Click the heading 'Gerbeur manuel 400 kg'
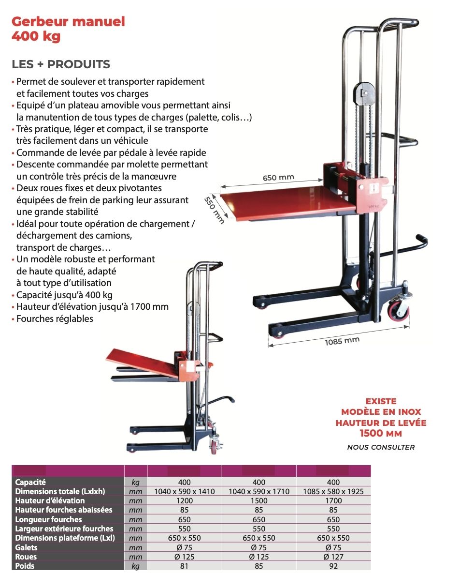click(68, 29)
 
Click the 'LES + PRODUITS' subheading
click(61, 64)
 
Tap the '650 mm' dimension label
click(278, 178)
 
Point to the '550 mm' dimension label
click(214, 209)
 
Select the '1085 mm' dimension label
click(342, 341)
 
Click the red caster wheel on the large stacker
click(399, 310)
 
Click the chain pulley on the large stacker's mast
click(364, 93)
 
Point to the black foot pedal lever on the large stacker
click(402, 246)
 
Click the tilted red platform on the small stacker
click(143, 363)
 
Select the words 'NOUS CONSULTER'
click(381, 447)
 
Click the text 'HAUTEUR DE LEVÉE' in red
click(381, 423)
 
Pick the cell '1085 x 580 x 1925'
click(333, 491)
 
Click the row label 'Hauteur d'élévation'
click(50, 500)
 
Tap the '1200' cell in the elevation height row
click(184, 500)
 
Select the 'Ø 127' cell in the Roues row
click(333, 557)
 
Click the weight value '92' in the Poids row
click(333, 566)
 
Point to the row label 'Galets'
click(26, 547)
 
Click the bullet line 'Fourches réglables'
click(55, 318)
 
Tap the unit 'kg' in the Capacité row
click(135, 483)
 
